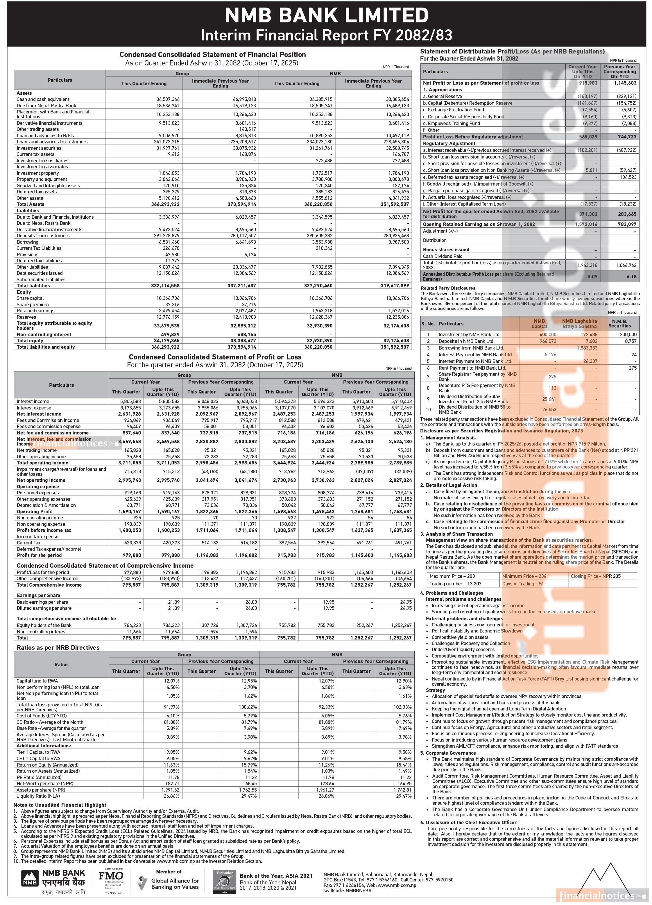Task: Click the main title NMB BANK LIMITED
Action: (x=326, y=15)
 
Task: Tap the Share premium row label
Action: (x=30, y=304)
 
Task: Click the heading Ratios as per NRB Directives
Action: (x=58, y=648)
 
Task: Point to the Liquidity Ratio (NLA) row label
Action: (x=38, y=796)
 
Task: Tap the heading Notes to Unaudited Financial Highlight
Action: (x=60, y=805)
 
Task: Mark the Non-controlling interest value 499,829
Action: (x=169, y=334)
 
